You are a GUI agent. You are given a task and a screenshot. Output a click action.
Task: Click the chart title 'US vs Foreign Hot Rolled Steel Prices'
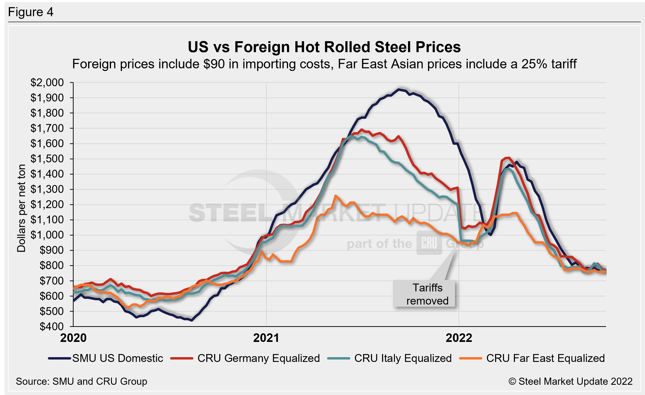point(324,47)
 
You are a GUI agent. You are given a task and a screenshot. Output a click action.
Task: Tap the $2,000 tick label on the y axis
point(47,83)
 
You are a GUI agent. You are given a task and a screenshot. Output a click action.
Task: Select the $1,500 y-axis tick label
point(47,159)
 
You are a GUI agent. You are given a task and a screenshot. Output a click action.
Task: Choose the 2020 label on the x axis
point(73,338)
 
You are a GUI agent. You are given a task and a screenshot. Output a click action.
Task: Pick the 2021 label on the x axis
point(266,338)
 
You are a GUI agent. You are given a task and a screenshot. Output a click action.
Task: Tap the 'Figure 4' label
point(31,12)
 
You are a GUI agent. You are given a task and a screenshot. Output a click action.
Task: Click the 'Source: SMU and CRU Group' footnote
point(81,381)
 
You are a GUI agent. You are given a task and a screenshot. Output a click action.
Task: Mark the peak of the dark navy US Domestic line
point(398,90)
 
